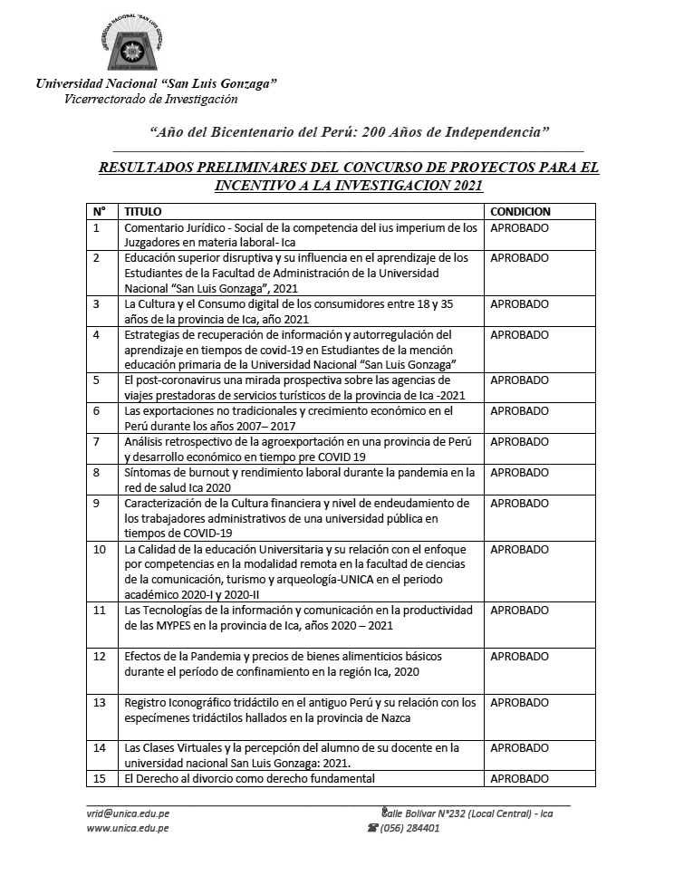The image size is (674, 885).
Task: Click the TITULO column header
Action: click(x=142, y=211)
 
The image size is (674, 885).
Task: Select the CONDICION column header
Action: click(x=520, y=211)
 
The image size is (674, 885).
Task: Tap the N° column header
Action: click(x=99, y=211)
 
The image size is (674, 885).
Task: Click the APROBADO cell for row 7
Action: click(x=519, y=442)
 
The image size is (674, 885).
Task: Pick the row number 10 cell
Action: click(x=100, y=549)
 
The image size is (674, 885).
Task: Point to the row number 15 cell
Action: click(x=100, y=778)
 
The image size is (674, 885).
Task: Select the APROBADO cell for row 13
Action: click(x=519, y=702)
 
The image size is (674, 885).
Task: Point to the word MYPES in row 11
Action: click(x=159, y=626)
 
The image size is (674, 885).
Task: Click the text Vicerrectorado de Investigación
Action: click(x=150, y=99)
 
